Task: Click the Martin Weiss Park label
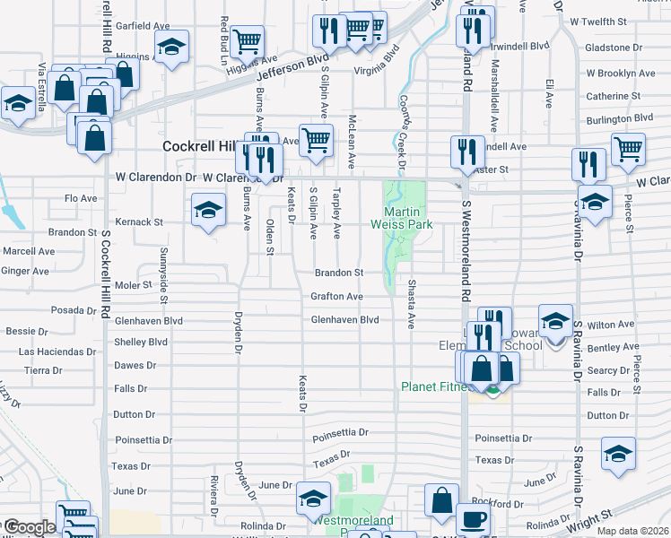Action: coord(403,216)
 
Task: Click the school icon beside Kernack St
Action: coord(209,211)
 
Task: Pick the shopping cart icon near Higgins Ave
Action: coord(247,40)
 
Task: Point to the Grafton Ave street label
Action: coord(336,296)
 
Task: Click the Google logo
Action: coord(28,527)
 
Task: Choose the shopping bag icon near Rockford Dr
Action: coord(442,501)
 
